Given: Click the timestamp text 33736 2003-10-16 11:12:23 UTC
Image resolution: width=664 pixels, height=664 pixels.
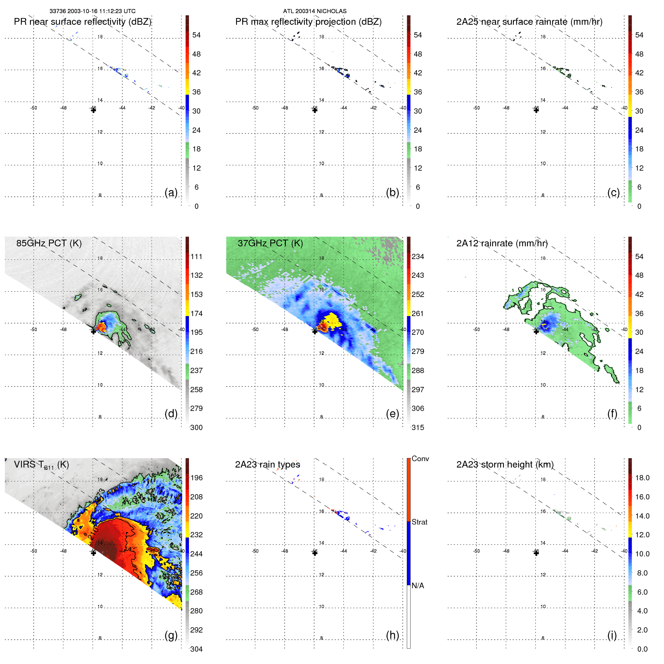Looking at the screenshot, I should point(92,11).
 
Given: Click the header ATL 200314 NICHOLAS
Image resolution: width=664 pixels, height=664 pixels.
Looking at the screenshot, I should point(315,11).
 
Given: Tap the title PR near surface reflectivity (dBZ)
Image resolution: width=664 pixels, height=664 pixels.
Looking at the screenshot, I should point(82,22).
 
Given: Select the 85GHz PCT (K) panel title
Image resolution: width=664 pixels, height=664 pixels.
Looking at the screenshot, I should point(49,243).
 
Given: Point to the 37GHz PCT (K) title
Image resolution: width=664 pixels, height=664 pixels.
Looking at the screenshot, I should point(270,243).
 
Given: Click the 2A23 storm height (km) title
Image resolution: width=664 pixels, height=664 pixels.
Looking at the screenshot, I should point(505,465).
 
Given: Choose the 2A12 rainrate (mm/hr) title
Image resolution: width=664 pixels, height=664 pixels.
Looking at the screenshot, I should point(502,243).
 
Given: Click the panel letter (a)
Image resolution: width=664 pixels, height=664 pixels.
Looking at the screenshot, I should point(171,192).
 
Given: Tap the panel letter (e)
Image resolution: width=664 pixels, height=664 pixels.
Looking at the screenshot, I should point(392,414).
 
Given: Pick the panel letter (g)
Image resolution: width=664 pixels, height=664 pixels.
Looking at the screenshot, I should point(171,635).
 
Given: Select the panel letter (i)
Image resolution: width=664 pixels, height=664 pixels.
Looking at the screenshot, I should point(612,635).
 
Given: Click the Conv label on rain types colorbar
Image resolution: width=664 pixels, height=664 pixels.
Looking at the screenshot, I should point(420,459).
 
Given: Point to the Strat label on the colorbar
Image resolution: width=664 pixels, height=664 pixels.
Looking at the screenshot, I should point(420,522).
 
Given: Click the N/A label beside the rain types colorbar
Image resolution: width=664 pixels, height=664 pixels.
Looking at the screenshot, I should point(418,586).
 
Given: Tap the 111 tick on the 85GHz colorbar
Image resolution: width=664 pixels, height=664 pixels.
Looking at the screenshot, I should point(196,256).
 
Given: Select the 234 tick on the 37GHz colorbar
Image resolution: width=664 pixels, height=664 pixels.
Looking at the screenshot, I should point(418,256).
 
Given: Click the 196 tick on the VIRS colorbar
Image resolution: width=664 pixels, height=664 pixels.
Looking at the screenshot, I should point(196,478).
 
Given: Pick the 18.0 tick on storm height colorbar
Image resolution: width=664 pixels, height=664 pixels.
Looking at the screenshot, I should point(642,478).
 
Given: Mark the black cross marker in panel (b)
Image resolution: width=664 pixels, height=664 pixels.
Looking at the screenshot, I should point(315,110).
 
